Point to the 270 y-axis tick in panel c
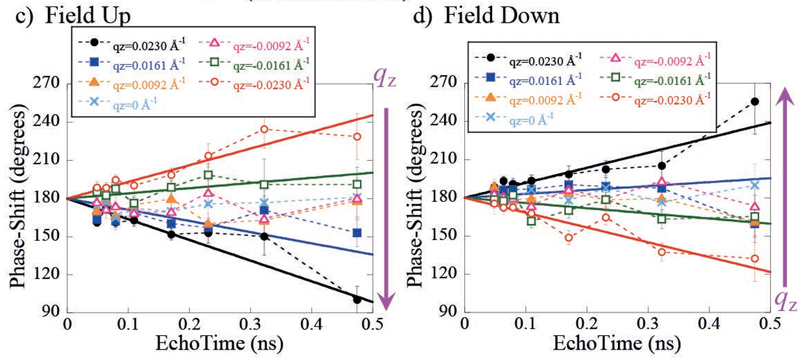pyautogui.click(x=47, y=84)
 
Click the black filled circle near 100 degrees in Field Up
pyautogui.click(x=357, y=300)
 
